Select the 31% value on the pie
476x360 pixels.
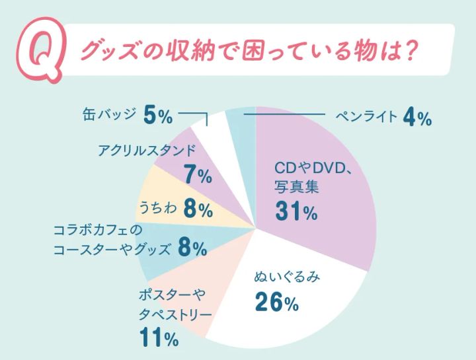point(296,213)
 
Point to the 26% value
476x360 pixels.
point(277,303)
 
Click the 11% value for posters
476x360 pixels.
point(158,338)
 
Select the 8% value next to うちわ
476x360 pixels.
point(198,209)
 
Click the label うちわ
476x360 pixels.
point(157,209)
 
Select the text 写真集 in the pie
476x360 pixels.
point(297,186)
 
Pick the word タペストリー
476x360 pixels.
point(175,314)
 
